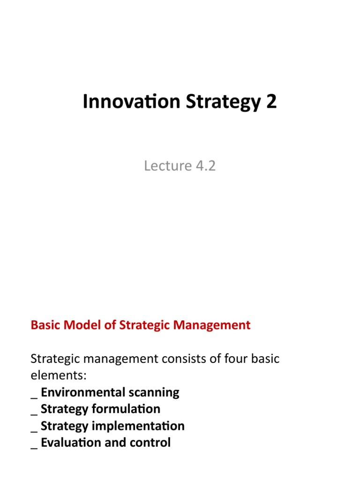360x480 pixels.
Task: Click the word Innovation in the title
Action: pyautogui.click(x=131, y=101)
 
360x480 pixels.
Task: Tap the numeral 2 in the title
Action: pyautogui.click(x=271, y=101)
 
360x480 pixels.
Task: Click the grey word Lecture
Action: pyautogui.click(x=168, y=165)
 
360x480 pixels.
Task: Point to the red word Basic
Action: pyautogui.click(x=45, y=325)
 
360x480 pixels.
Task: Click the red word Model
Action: pyautogui.click(x=82, y=325)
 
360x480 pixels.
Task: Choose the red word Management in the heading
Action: pyautogui.click(x=212, y=325)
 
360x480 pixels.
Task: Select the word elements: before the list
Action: pyautogui.click(x=59, y=375)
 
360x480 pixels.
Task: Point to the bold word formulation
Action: pyautogui.click(x=126, y=409)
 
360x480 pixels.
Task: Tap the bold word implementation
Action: pyautogui.click(x=138, y=426)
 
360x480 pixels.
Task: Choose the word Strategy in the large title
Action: pyautogui.click(x=224, y=102)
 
